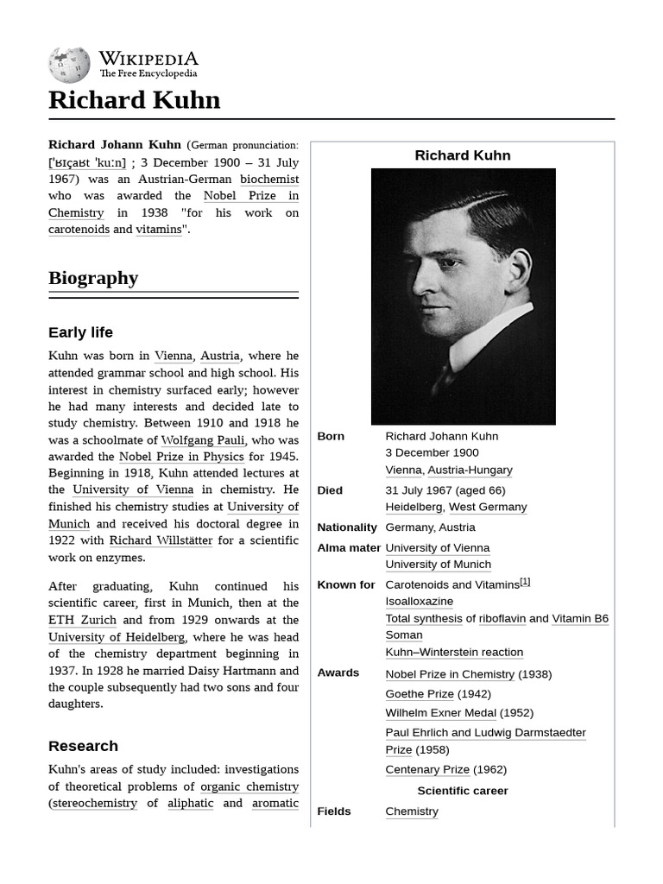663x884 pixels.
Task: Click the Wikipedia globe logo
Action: pyautogui.click(x=69, y=65)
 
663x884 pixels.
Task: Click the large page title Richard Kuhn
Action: pyautogui.click(x=134, y=100)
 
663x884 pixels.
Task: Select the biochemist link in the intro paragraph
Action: pyautogui.click(x=269, y=179)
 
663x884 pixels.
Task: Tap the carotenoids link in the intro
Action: pyautogui.click(x=79, y=230)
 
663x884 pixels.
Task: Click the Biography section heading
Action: pyautogui.click(x=93, y=278)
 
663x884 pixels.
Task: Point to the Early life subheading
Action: pyautogui.click(x=80, y=332)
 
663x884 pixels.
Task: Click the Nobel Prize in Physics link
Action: pyautogui.click(x=182, y=457)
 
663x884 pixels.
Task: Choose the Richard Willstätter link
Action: pyautogui.click(x=161, y=540)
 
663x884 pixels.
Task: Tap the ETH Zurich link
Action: pyautogui.click(x=82, y=620)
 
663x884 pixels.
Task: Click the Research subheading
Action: pyautogui.click(x=83, y=746)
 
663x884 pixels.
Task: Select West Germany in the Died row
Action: pyautogui.click(x=488, y=507)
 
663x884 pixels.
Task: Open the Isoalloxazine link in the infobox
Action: pyautogui.click(x=419, y=601)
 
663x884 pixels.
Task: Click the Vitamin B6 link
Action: pyautogui.click(x=580, y=618)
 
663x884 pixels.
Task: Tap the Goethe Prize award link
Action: pyautogui.click(x=419, y=694)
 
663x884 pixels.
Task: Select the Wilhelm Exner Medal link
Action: pyautogui.click(x=446, y=713)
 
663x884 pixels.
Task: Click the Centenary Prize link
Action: pyautogui.click(x=427, y=769)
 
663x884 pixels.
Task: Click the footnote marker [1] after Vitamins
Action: pyautogui.click(x=525, y=583)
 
